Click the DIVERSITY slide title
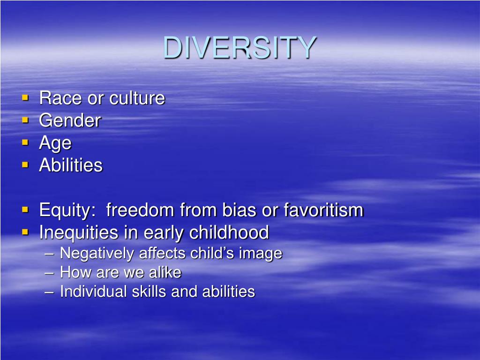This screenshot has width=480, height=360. click(240, 48)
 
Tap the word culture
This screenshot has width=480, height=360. click(137, 98)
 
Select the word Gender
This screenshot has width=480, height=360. click(70, 120)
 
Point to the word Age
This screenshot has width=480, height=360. click(55, 143)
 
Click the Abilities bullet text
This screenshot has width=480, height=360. click(70, 165)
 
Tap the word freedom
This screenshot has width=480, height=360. click(140, 210)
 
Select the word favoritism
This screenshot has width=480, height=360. click(323, 210)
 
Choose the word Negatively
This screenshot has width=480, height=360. click(97, 254)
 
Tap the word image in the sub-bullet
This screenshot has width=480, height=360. click(261, 254)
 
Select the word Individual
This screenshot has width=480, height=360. click(94, 292)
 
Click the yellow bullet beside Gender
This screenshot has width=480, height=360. click(25, 120)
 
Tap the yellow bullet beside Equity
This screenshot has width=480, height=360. click(25, 210)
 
